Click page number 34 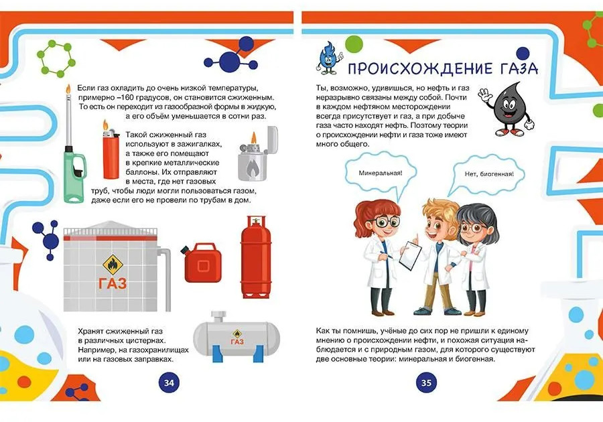[x=169, y=382]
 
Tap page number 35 [x=426, y=382]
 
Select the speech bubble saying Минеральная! [x=381, y=173]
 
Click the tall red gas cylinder [x=256, y=257]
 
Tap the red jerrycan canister [x=202, y=263]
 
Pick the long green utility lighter [x=73, y=154]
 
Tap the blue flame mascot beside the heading [x=328, y=58]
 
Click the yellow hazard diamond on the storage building [x=113, y=265]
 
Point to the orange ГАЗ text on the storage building [x=113, y=283]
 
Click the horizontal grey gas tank [x=236, y=337]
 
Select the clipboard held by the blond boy [x=410, y=255]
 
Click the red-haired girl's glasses [x=383, y=221]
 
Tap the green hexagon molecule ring [x=56, y=60]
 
